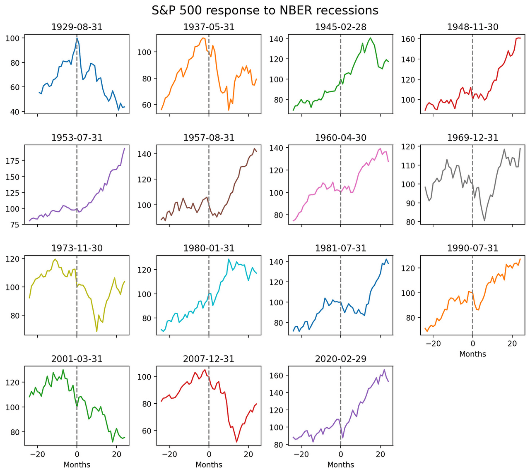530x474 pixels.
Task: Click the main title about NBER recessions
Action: (265, 10)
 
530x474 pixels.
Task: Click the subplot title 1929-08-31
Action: (77, 27)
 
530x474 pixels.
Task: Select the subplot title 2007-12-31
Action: (209, 359)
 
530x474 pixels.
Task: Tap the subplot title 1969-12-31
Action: (472, 138)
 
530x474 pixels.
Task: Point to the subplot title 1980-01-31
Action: (209, 248)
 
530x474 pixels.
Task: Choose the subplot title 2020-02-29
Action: (340, 359)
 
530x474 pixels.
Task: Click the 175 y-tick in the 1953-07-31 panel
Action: (15, 161)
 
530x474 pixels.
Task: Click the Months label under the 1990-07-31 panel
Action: (472, 354)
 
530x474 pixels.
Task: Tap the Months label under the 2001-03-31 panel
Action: (77, 464)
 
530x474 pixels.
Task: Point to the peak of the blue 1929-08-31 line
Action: (77, 38)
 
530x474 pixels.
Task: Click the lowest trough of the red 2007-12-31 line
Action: (236, 442)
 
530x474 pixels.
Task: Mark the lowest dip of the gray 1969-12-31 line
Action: (484, 220)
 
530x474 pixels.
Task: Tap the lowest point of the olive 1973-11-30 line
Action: (97, 331)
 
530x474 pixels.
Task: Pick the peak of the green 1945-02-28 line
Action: (370, 38)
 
